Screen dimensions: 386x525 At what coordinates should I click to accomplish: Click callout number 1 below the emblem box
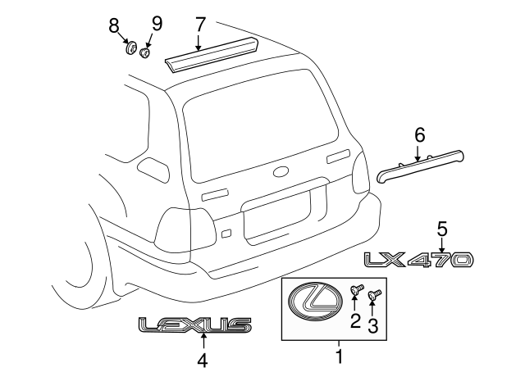click(338, 356)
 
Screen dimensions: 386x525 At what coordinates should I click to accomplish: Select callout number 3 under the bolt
click(372, 327)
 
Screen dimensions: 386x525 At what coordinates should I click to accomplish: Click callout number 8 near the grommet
click(114, 26)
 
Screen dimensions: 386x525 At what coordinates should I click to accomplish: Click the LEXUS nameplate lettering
click(194, 326)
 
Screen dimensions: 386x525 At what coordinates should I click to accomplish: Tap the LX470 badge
click(419, 260)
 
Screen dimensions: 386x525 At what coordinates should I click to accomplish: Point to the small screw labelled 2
click(357, 288)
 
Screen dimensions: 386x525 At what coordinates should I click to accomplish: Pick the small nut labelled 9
click(145, 53)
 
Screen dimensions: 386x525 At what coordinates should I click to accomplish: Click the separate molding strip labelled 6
click(420, 164)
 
